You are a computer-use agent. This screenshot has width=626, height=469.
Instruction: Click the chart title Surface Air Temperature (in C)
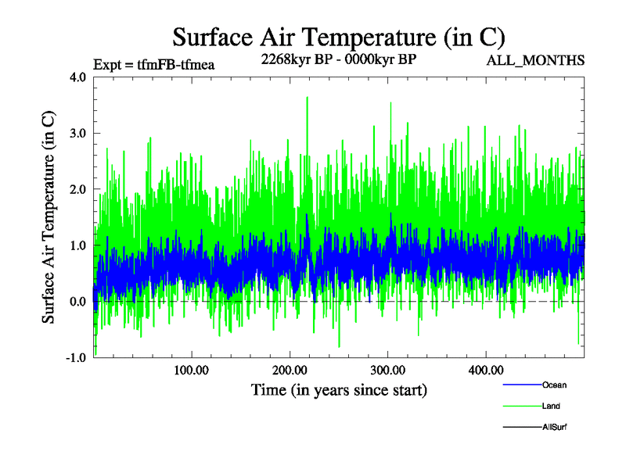point(339,37)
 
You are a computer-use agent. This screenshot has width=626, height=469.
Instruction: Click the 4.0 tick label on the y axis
point(77,77)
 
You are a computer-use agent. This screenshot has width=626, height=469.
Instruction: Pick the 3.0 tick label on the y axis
point(77,133)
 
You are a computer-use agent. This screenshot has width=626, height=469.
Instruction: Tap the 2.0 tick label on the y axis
point(77,189)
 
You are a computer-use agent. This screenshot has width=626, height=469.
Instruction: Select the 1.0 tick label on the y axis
point(77,245)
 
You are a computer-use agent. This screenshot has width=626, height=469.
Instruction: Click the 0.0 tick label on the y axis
point(77,302)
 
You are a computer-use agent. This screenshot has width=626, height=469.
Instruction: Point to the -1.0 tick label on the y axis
point(76,358)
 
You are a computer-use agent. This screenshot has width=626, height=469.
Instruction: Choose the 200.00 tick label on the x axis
point(290,370)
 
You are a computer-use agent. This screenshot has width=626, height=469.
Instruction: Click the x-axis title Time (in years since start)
point(339,389)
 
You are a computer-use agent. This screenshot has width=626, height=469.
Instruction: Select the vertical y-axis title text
point(49,217)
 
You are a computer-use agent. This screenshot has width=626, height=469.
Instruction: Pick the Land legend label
point(551,406)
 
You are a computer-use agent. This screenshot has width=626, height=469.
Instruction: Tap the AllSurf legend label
point(554,428)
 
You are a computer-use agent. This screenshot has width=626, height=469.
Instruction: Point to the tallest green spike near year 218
point(307,98)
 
